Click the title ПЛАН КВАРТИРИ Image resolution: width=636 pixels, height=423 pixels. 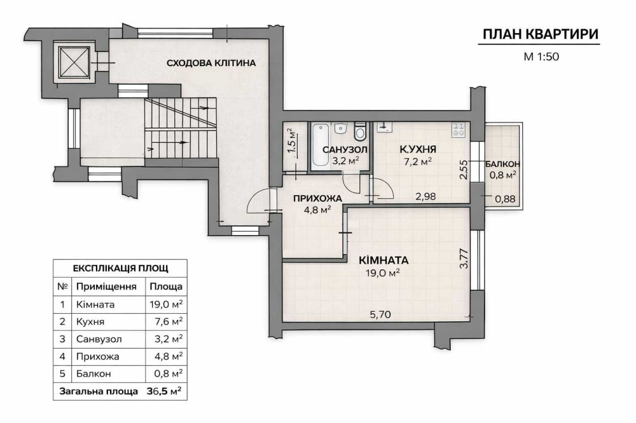(541, 34)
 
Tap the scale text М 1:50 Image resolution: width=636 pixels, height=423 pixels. (541, 57)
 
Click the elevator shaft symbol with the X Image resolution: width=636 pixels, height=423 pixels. (73, 62)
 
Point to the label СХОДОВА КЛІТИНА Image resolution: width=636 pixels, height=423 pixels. (211, 63)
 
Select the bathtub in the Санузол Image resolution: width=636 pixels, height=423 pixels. (321, 145)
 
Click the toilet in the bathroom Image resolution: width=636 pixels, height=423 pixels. (359, 130)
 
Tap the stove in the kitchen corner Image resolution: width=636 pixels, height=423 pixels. (459, 130)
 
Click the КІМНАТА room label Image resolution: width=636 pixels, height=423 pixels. (384, 260)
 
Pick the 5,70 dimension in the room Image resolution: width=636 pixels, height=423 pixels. (380, 314)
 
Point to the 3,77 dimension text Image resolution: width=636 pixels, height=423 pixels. (464, 258)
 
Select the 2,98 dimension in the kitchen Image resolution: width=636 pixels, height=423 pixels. (425, 196)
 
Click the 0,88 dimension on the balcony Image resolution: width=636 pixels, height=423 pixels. (506, 199)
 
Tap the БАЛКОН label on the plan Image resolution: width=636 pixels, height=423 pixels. (502, 164)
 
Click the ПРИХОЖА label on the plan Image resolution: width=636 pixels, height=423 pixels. (317, 199)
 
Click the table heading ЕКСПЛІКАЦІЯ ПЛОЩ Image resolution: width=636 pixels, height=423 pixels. (120, 268)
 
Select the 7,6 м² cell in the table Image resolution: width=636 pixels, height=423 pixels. (169, 321)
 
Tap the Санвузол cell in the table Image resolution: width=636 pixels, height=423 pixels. (99, 339)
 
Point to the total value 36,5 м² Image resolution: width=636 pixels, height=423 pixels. (164, 391)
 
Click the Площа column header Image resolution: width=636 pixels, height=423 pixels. (166, 287)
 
